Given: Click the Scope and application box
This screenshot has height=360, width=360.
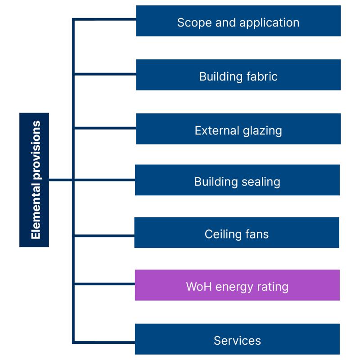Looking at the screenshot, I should point(238,21).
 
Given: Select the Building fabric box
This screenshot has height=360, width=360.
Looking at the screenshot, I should point(238,75).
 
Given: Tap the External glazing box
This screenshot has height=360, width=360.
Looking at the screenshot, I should point(238,129).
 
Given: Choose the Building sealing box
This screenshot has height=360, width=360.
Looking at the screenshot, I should point(237,180).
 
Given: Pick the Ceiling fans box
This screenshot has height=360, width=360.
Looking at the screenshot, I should point(237,233).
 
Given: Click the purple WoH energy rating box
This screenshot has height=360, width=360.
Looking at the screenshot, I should point(237,285).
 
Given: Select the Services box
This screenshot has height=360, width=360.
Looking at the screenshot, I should point(237,339).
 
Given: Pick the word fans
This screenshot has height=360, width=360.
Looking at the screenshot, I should point(256,234).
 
